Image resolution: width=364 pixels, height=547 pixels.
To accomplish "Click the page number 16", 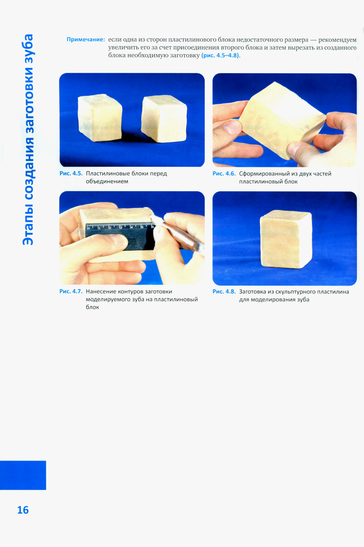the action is pos(23,510).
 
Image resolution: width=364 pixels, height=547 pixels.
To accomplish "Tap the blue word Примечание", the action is pos(86,40).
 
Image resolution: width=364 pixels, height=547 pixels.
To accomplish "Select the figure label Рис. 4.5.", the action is pos(71,173).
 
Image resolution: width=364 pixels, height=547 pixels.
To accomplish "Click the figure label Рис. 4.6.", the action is pos(224,173).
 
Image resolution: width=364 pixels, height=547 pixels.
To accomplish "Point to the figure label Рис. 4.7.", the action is pos(71,292).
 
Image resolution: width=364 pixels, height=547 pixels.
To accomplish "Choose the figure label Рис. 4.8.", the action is pos(224,292).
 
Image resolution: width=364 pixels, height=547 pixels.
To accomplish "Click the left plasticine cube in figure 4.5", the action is pos(100,118).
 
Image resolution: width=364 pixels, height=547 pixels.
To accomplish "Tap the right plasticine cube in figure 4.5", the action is pos(164,119).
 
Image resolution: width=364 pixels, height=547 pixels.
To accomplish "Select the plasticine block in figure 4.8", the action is pos(286,239).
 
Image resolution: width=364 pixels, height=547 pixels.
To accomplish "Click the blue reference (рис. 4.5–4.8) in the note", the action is pos(220,55).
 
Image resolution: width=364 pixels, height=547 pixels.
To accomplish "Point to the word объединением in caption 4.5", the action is pos(107,181).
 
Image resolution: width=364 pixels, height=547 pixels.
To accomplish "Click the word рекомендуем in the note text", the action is pos(337,40).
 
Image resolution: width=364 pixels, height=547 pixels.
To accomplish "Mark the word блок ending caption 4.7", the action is pos(92,307).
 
